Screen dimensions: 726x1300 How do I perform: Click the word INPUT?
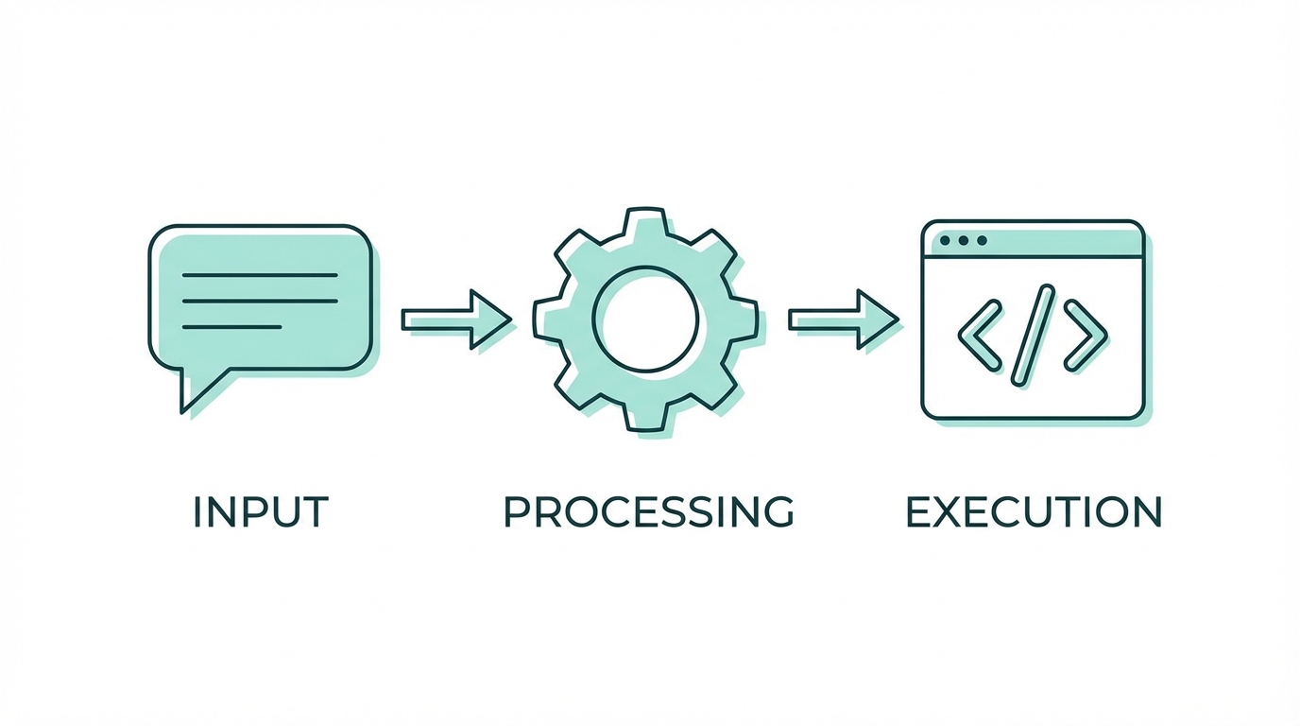coord(260,511)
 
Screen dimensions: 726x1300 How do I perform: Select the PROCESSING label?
coord(648,511)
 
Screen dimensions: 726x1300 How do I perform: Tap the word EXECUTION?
coord(1034,511)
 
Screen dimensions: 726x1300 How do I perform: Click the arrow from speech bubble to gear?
coord(457,320)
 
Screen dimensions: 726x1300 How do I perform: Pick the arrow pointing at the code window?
coord(844,320)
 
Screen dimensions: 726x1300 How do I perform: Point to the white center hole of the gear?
coord(645,319)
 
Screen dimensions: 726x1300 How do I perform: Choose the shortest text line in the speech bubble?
coord(231,327)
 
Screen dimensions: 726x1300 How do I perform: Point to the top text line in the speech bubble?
coord(259,275)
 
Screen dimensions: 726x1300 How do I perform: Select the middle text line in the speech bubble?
coord(259,301)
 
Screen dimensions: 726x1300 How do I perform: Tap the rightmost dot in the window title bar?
coord(983,241)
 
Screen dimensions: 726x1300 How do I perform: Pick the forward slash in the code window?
coord(1033,335)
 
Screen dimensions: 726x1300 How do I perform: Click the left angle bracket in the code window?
coord(979,335)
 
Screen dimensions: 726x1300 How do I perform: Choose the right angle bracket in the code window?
coord(1086,335)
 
